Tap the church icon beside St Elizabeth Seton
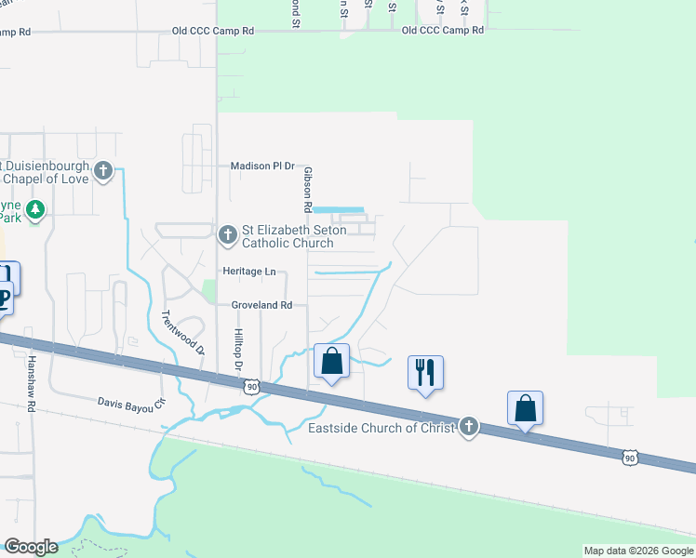tap(227, 236)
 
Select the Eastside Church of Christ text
tap(382, 428)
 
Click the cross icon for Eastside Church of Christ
tap(469, 427)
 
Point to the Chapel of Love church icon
tap(103, 171)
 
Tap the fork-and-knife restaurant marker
tap(425, 372)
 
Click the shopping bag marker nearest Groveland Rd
tap(331, 361)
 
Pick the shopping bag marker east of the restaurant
tap(525, 407)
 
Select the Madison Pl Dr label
tap(262, 166)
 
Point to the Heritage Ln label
tap(249, 271)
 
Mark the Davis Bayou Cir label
tap(131, 403)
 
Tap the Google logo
tap(31, 547)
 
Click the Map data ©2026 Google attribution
tap(637, 551)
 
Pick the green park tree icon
tap(35, 209)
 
